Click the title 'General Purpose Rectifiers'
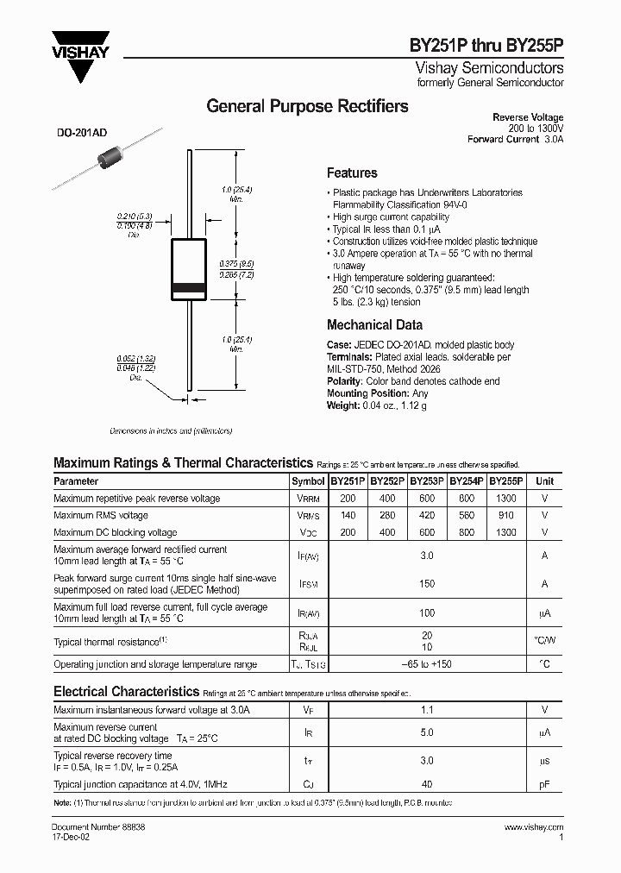tap(308, 107)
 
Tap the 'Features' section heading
tap(352, 173)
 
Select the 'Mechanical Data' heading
tap(374, 325)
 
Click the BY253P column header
tap(427, 481)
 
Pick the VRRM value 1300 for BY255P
tap(506, 499)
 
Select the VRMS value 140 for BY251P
tap(348, 515)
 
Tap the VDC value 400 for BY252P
tap(387, 532)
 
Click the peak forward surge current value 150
tap(427, 584)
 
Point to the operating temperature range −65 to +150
tap(427, 665)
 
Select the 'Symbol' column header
tap(308, 481)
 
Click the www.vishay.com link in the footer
tap(536, 826)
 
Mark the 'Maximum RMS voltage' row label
tap(101, 515)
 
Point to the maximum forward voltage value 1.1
tap(427, 710)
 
